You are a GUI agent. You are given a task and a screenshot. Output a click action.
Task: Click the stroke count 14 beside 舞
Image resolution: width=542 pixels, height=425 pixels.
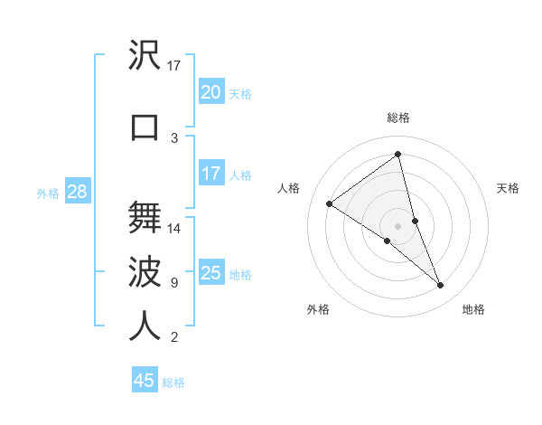[x=174, y=229]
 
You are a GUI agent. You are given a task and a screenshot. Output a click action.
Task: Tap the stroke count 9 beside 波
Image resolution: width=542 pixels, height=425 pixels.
[x=174, y=283]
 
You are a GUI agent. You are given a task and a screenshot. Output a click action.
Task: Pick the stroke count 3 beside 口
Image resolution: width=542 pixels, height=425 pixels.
[x=174, y=138]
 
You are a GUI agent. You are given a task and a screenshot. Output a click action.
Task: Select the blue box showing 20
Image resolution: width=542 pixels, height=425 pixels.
[x=210, y=92]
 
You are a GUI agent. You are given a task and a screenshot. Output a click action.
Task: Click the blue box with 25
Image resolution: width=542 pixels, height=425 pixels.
[x=210, y=273]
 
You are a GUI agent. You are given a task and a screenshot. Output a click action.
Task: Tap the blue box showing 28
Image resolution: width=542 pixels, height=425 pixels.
[x=77, y=192]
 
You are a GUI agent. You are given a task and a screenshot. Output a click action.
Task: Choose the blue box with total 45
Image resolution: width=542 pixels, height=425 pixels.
[x=144, y=381]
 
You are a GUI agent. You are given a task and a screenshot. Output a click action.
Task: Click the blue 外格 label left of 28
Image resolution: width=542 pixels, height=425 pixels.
[x=48, y=193]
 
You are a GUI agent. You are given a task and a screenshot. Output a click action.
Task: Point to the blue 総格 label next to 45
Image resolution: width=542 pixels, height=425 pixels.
[x=173, y=382]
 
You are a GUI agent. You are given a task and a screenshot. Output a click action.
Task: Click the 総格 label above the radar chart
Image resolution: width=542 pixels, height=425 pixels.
[x=398, y=118]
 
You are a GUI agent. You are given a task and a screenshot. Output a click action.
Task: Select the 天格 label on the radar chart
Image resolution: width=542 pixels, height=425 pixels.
[x=509, y=188]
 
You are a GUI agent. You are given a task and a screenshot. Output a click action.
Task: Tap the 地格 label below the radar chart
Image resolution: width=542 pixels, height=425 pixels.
[x=473, y=309]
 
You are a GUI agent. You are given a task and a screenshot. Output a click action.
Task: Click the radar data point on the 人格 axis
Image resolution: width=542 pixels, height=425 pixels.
[x=330, y=203]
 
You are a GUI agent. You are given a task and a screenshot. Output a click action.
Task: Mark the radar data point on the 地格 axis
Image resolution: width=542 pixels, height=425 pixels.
[x=440, y=285]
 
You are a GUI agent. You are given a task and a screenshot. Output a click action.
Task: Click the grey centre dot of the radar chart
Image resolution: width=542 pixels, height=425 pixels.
[x=398, y=225]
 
